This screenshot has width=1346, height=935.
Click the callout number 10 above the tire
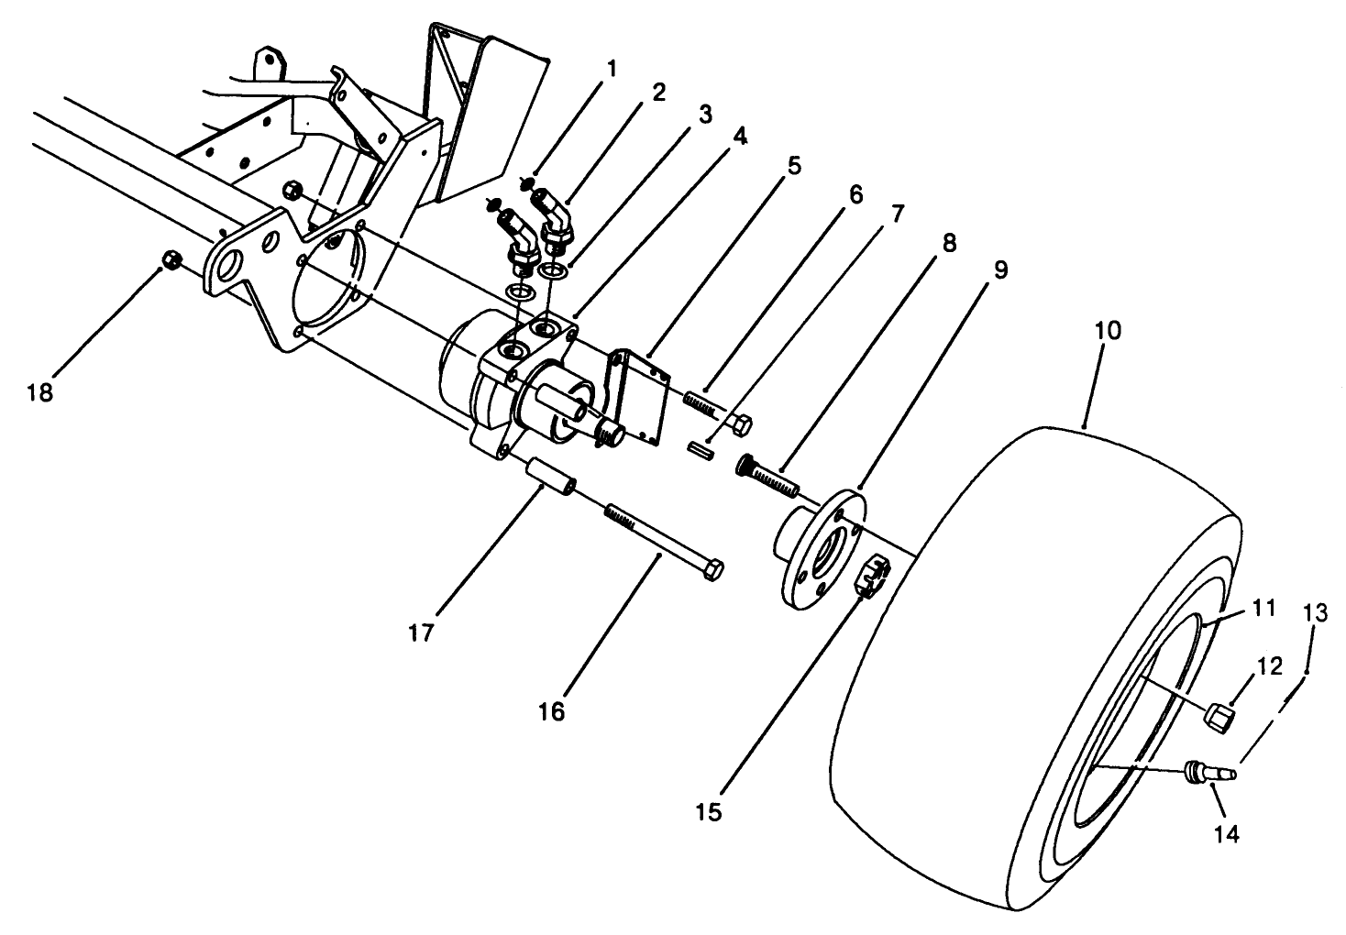(x=1108, y=331)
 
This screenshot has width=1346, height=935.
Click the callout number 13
(x=1315, y=613)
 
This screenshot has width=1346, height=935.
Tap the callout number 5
(x=793, y=166)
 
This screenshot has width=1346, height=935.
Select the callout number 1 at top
(x=611, y=69)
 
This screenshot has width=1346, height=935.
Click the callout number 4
(x=739, y=137)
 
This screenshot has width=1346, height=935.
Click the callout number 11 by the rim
(x=1264, y=607)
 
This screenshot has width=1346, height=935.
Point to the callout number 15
(x=708, y=811)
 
